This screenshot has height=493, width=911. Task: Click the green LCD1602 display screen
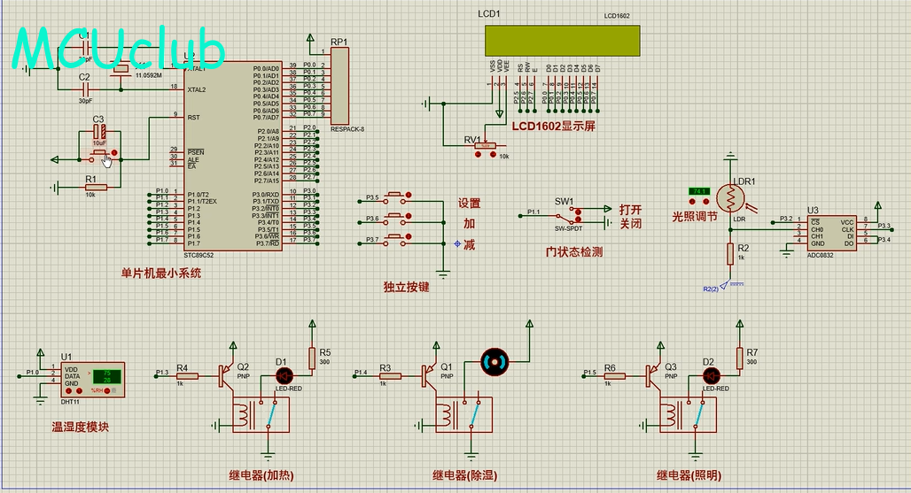click(562, 40)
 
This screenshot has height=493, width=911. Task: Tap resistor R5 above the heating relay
click(313, 357)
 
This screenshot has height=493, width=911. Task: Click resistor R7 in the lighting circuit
click(740, 357)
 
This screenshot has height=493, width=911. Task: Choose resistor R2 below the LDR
click(730, 254)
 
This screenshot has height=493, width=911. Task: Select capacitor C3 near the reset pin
click(99, 133)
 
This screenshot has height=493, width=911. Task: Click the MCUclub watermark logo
click(120, 49)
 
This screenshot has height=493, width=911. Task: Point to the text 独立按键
click(406, 287)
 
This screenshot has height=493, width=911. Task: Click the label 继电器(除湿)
click(466, 475)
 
